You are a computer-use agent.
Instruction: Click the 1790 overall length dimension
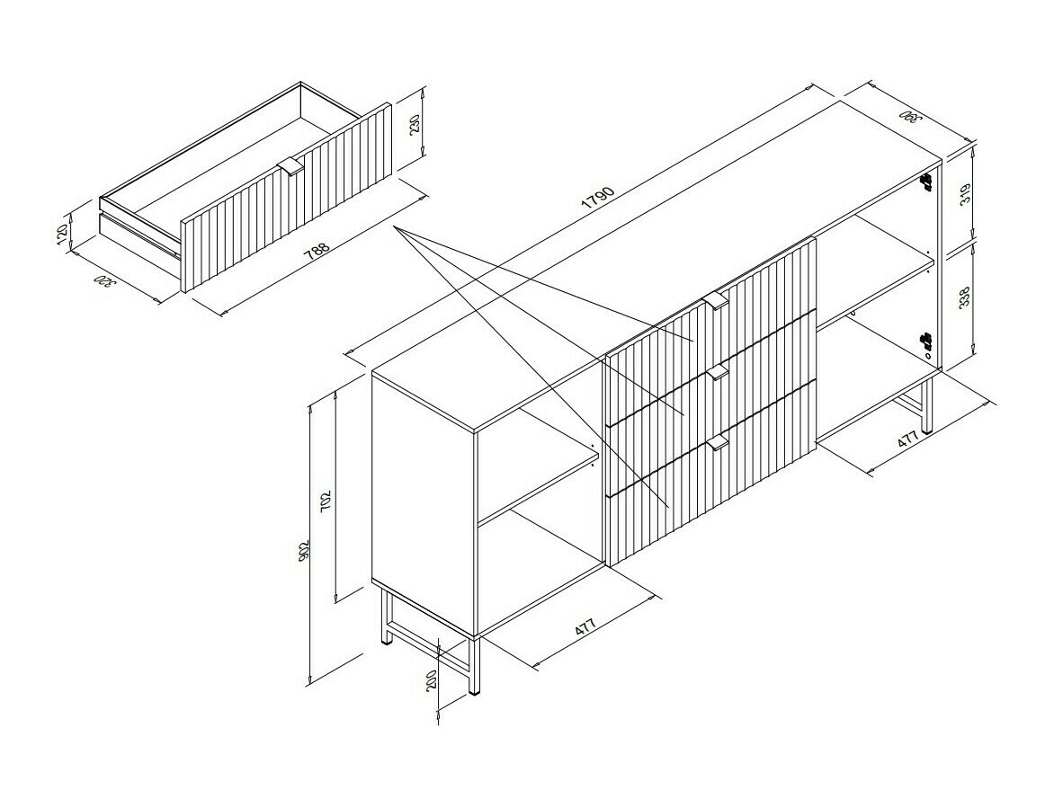[598, 199]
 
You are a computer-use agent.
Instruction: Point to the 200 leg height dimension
[433, 679]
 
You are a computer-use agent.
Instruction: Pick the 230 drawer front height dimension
[415, 124]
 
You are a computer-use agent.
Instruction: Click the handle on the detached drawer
[291, 167]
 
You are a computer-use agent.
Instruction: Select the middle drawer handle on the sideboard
[717, 372]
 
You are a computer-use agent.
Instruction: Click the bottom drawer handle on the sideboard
[717, 442]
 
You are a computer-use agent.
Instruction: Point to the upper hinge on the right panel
[925, 182]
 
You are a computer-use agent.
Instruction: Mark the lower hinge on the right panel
[925, 341]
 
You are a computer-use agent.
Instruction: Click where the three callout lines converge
[395, 228]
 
